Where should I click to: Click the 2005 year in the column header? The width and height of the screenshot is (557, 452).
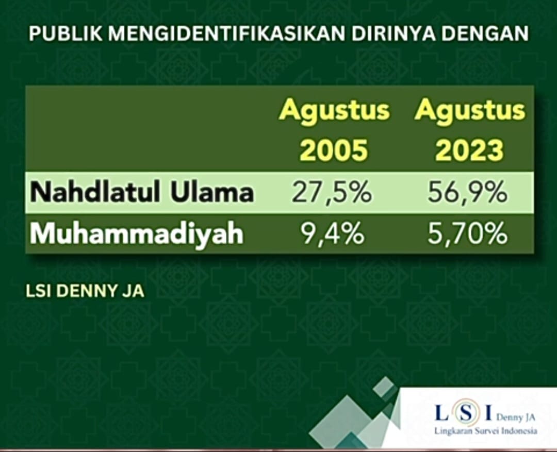click(334, 150)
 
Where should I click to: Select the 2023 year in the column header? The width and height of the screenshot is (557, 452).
click(470, 150)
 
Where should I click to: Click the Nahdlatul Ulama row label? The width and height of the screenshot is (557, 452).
click(142, 192)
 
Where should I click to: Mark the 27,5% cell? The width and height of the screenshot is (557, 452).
click(332, 193)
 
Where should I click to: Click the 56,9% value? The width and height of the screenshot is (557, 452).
click(467, 193)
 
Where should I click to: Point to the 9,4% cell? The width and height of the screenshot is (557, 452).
click(333, 233)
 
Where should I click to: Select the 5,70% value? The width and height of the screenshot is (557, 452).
click(467, 233)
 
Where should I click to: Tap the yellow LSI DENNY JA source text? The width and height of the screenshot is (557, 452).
click(85, 291)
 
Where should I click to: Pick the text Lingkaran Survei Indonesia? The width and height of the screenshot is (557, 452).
click(486, 431)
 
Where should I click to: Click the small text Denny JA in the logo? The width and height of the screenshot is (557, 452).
click(515, 417)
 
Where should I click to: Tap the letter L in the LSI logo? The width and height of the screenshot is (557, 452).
click(441, 413)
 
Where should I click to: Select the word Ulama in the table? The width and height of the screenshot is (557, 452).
click(212, 192)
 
